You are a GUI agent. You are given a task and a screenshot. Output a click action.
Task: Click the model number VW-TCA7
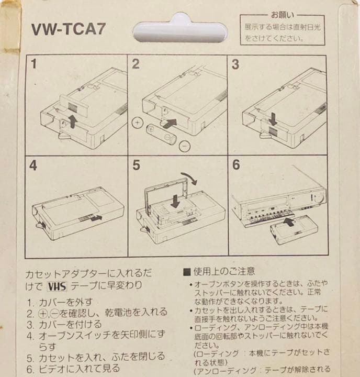69,29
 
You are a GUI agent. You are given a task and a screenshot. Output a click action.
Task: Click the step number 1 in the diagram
33,64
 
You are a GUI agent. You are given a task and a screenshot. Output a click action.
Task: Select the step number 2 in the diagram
136,64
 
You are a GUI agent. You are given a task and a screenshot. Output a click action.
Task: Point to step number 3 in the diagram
235,64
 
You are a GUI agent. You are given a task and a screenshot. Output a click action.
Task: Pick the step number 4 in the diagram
33,165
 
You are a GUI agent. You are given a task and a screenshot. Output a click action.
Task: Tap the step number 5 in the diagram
136,165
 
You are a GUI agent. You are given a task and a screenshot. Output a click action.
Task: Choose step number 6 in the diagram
236,165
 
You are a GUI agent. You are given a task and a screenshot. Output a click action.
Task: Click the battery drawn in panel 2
160,134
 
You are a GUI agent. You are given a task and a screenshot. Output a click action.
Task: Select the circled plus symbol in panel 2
138,124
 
